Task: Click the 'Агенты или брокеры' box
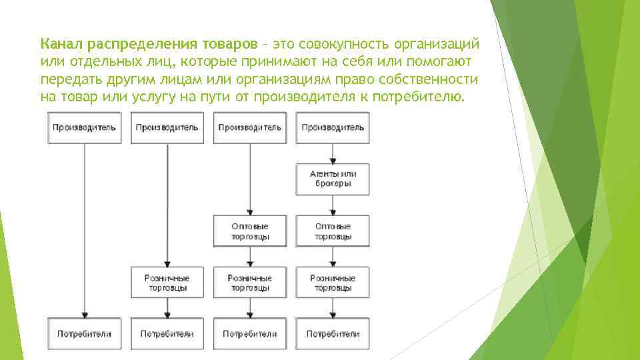[x=333, y=179]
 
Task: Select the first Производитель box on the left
[x=84, y=128]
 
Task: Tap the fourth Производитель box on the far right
[x=333, y=128]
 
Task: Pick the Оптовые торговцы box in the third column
[x=250, y=231]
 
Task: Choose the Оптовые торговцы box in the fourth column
[x=333, y=231]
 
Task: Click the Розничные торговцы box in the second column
[x=167, y=283]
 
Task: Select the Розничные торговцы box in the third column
[x=250, y=283]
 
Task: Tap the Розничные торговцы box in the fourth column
[x=333, y=283]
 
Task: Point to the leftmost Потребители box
[x=84, y=333]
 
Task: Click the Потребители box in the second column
[x=167, y=333]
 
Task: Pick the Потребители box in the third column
[x=250, y=333]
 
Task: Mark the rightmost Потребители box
[x=333, y=333]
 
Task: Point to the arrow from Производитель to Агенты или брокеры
[x=333, y=153]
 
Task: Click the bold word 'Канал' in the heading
[x=61, y=44]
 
